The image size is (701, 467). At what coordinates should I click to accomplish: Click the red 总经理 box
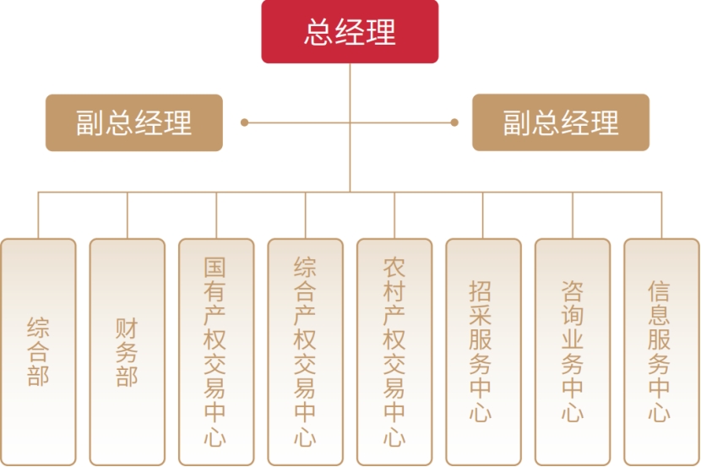[x=350, y=32]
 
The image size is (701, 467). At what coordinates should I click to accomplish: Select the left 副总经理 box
[x=134, y=122]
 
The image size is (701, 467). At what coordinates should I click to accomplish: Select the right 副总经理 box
[x=561, y=122]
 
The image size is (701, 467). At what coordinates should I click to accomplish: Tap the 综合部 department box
[x=38, y=351]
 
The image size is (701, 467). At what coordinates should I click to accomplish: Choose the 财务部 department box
[x=127, y=351]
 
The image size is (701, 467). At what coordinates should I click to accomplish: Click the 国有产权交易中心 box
[x=216, y=351]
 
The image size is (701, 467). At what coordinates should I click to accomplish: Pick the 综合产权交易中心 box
[x=305, y=351]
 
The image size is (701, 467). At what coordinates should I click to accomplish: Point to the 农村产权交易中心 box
[x=394, y=351]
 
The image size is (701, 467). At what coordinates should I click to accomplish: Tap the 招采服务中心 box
[x=483, y=351]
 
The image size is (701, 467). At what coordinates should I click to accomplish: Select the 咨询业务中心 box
[x=573, y=351]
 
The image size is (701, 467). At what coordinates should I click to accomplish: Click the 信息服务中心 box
[x=661, y=351]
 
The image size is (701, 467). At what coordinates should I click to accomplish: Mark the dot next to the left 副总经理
[x=244, y=122]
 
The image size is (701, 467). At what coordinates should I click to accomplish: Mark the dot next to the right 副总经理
[x=454, y=122]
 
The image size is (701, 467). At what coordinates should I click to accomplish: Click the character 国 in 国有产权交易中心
[x=216, y=268]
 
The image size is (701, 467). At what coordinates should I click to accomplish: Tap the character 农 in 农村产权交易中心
[x=394, y=268]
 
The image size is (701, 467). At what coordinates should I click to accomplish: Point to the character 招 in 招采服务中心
[x=483, y=291]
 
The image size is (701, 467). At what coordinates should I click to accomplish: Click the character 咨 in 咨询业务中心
[x=573, y=291]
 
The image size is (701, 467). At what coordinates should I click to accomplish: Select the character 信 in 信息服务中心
[x=661, y=291]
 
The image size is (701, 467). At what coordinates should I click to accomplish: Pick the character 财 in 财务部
[x=127, y=327]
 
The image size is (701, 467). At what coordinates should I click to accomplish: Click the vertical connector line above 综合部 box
[x=38, y=215]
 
